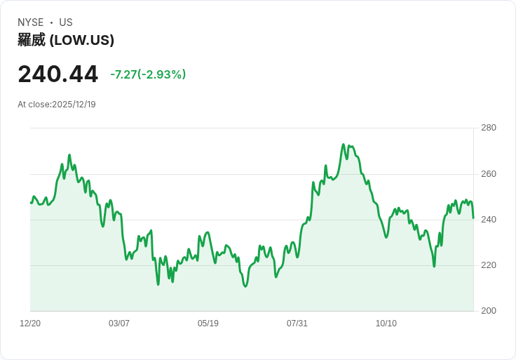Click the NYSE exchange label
[x=31, y=22]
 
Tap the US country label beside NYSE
[x=66, y=22]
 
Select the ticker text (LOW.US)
[x=82, y=40]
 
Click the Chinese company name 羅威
[x=32, y=40]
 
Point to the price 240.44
[x=58, y=74]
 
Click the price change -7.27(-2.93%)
[x=148, y=74]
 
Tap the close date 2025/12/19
[x=74, y=105]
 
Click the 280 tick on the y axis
[x=489, y=128]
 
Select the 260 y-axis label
[x=489, y=174]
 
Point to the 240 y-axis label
[x=489, y=220]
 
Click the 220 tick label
[x=489, y=265]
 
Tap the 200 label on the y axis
[x=489, y=311]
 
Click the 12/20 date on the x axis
[x=30, y=324]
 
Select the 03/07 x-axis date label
[x=119, y=324]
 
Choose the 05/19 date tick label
[x=208, y=324]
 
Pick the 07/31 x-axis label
[x=297, y=324]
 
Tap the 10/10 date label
[x=386, y=324]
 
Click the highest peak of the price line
[x=344, y=145]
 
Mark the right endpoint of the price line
[x=473, y=218]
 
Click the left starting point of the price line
[x=31, y=203]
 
